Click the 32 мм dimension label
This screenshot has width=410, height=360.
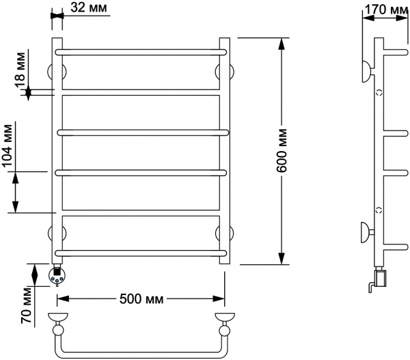89,7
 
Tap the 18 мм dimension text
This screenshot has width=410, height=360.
20,70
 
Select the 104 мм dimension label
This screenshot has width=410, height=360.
7,146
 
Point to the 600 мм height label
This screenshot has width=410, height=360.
282,150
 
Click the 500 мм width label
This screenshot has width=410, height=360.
141,299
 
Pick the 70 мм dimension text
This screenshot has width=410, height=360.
27,305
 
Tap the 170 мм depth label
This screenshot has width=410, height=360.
386,9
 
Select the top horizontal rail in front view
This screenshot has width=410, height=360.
141,52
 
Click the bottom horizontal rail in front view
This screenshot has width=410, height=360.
141,253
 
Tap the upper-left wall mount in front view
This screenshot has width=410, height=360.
57,71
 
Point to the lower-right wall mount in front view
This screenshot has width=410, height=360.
225,233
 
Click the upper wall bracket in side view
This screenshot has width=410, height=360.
368,71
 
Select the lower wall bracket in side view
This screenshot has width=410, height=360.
368,232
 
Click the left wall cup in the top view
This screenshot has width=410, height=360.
58,316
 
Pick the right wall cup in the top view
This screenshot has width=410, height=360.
225,316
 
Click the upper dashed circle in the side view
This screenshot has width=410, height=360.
379,92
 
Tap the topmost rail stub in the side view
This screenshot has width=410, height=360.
396,52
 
